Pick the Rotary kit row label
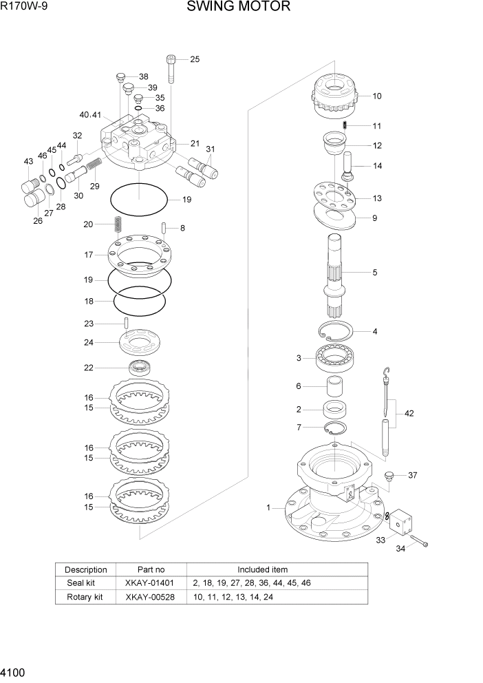pyautogui.click(x=85, y=597)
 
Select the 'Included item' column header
pyautogui.click(x=262, y=569)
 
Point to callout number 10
pyautogui.click(x=376, y=96)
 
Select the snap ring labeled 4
pyautogui.click(x=336, y=332)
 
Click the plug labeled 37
pyautogui.click(x=390, y=476)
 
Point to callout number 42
pyautogui.click(x=409, y=414)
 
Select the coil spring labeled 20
pyautogui.click(x=118, y=224)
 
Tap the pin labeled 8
pyautogui.click(x=164, y=228)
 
